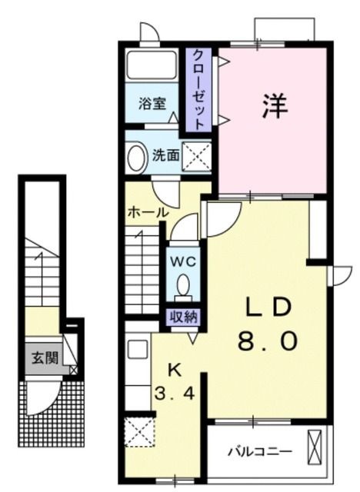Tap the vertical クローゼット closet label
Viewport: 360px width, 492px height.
coord(198,88)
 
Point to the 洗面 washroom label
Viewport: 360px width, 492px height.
coord(165,155)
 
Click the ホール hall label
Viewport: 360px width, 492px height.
coord(147,211)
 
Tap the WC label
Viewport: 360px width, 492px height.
coord(183,261)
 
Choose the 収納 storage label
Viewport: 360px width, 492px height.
coord(183,316)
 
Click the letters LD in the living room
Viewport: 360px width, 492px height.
coord(268,307)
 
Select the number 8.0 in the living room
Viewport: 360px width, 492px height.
coord(267,340)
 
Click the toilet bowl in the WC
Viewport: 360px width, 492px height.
coord(183,288)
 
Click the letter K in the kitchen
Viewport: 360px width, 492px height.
coord(175,369)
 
